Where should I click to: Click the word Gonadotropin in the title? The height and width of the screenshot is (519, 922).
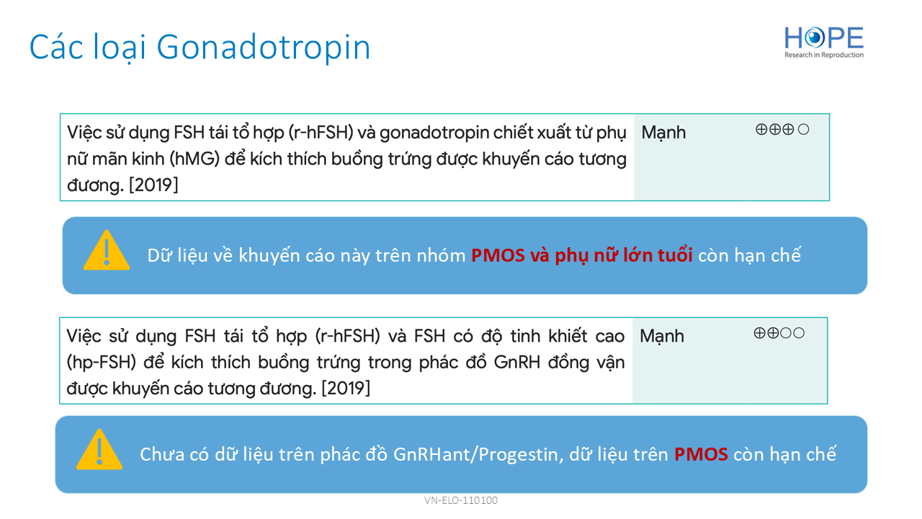[264, 48]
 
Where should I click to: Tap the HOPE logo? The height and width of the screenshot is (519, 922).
[823, 43]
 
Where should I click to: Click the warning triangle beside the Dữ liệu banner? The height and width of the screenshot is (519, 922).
[107, 250]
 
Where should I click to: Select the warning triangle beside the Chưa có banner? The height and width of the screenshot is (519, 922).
[99, 449]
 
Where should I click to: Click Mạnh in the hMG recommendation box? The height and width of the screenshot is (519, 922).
[663, 133]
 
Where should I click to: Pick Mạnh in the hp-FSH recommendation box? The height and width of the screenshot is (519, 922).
[662, 337]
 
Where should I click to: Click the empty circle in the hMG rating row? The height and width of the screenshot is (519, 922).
[803, 130]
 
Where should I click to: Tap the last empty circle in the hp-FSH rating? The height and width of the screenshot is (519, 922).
[799, 333]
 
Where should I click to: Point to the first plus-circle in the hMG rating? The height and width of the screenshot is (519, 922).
[761, 130]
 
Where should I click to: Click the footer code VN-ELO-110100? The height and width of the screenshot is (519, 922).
[461, 500]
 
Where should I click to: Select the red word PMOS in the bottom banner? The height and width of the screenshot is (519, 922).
[701, 454]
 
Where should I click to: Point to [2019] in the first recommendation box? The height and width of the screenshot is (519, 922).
[153, 185]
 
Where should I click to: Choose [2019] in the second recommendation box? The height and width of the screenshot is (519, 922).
[346, 389]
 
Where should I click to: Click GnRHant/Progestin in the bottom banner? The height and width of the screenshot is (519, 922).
[478, 455]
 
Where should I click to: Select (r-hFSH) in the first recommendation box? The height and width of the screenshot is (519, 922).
[321, 133]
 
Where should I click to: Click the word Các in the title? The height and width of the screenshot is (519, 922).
[57, 47]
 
